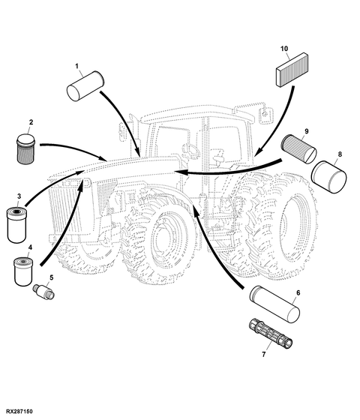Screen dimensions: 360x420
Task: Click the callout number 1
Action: [76, 66]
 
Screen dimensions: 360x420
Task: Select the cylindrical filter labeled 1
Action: [85, 85]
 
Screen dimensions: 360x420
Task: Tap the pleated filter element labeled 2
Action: [26, 149]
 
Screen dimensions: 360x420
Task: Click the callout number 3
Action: [19, 196]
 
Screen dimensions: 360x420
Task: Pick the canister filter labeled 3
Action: [16, 226]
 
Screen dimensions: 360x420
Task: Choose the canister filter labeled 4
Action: [23, 271]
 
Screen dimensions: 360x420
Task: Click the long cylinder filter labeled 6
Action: [274, 304]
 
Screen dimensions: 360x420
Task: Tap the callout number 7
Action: [264, 354]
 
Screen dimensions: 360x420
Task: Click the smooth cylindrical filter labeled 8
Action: [329, 177]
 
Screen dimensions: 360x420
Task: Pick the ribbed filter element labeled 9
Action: [298, 149]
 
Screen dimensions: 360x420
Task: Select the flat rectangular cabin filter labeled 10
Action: [292, 70]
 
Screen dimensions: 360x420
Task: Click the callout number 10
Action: [284, 49]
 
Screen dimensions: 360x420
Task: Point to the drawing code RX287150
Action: [19, 411]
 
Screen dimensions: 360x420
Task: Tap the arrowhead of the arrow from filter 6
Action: [195, 210]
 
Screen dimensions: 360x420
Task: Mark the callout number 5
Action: [51, 277]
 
